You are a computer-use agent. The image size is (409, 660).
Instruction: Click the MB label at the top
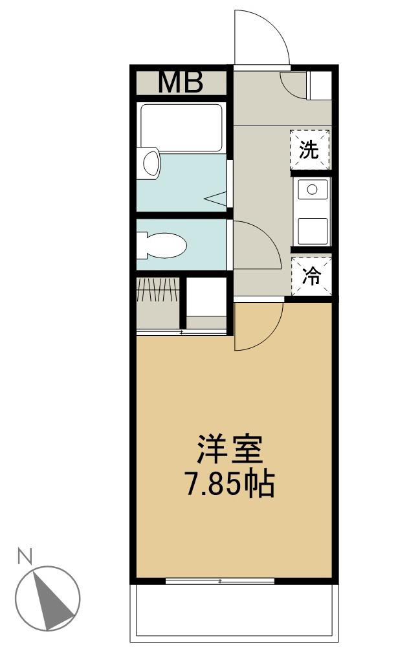pos(181,82)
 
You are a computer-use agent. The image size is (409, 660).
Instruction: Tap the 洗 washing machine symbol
pos(310,150)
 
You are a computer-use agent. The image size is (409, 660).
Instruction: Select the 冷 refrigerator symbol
pos(312,276)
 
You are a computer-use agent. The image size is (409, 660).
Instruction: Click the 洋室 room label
pos(230,449)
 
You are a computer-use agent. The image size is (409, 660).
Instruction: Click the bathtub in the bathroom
pos(181,127)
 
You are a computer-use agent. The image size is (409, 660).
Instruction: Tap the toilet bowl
pos(162,245)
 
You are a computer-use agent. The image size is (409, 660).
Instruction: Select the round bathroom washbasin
pos(151,162)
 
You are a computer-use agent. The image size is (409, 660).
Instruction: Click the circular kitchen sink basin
pos(312,190)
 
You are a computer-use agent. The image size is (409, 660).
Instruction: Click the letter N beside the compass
pos(25,556)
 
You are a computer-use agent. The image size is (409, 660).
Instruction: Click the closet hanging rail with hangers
pos(158,290)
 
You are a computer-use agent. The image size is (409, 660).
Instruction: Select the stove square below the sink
pos(313,230)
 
